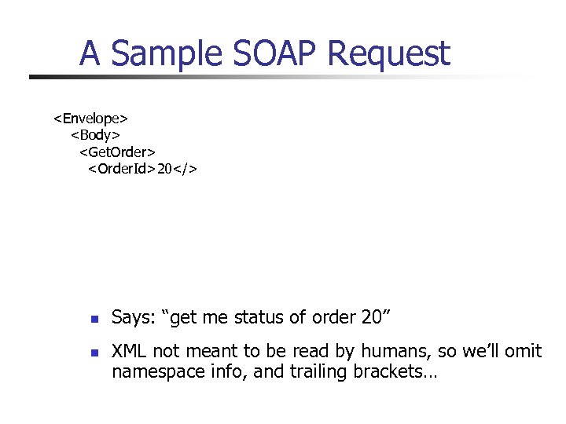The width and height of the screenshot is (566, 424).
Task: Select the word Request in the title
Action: point(388,55)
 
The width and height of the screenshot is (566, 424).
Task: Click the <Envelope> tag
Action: point(90,119)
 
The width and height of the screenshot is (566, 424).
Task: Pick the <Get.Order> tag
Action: point(117,152)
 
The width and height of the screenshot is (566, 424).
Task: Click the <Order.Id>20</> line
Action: point(142,169)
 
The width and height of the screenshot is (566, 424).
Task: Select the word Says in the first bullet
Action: point(133,318)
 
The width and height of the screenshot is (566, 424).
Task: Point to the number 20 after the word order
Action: point(370,317)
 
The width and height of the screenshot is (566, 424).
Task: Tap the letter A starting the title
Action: point(90,53)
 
